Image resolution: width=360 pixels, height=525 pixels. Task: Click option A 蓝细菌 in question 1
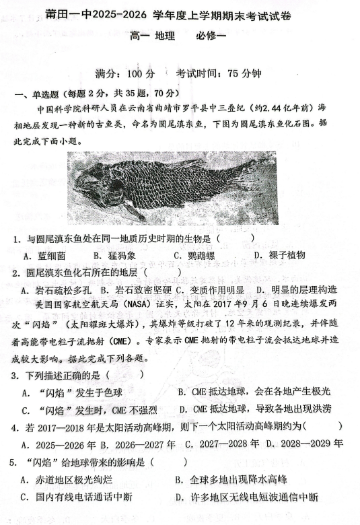43,256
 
